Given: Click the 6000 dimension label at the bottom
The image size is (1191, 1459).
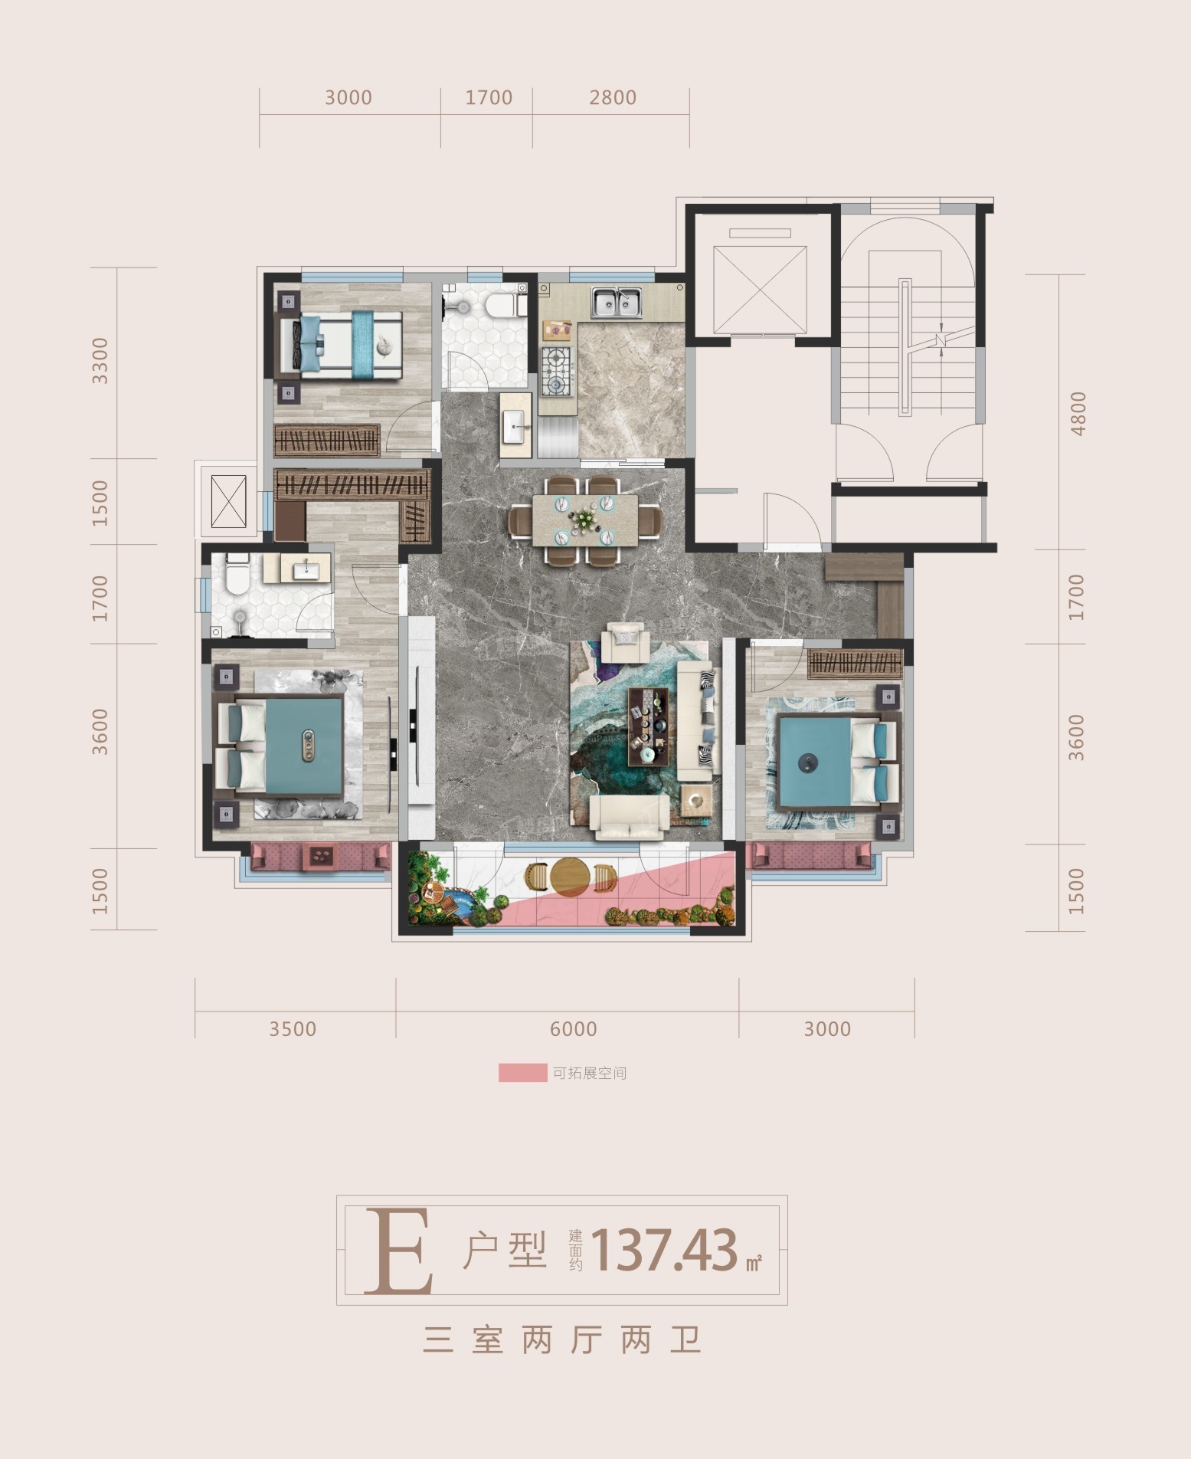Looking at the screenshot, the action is click(x=573, y=1029).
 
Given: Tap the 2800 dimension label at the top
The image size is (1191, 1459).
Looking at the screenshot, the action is click(x=613, y=98).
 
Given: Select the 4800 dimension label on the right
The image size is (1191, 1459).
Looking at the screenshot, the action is click(x=1078, y=413).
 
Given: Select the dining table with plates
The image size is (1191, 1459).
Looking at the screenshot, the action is click(x=586, y=520).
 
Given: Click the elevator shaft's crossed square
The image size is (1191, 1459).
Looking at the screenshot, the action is click(x=760, y=290).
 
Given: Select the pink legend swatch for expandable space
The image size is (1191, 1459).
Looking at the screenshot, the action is click(x=522, y=1073).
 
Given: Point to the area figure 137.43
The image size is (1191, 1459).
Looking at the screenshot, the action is click(x=665, y=1250).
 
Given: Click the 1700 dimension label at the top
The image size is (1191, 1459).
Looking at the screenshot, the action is click(x=489, y=98).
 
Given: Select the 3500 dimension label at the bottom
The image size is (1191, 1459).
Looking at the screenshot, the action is click(x=293, y=1029).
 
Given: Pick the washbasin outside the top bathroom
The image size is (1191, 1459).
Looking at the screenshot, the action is click(x=516, y=426).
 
